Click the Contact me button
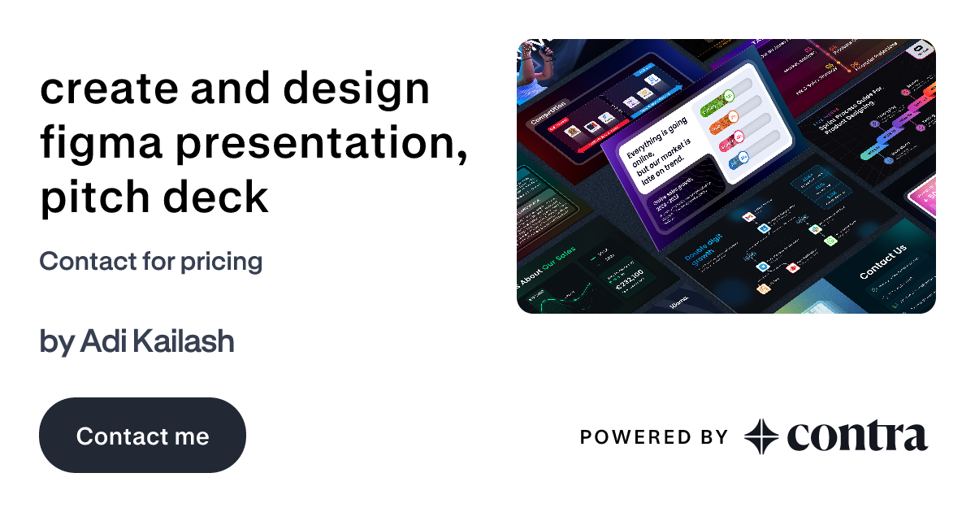pyautogui.click(x=142, y=436)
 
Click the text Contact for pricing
pyautogui.click(x=150, y=261)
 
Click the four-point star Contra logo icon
pyautogui.click(x=761, y=436)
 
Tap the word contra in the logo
pyautogui.click(x=857, y=436)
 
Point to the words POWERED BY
pyautogui.click(x=653, y=437)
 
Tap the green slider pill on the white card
pyautogui.click(x=715, y=102)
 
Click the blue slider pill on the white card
pyautogui.click(x=739, y=159)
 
